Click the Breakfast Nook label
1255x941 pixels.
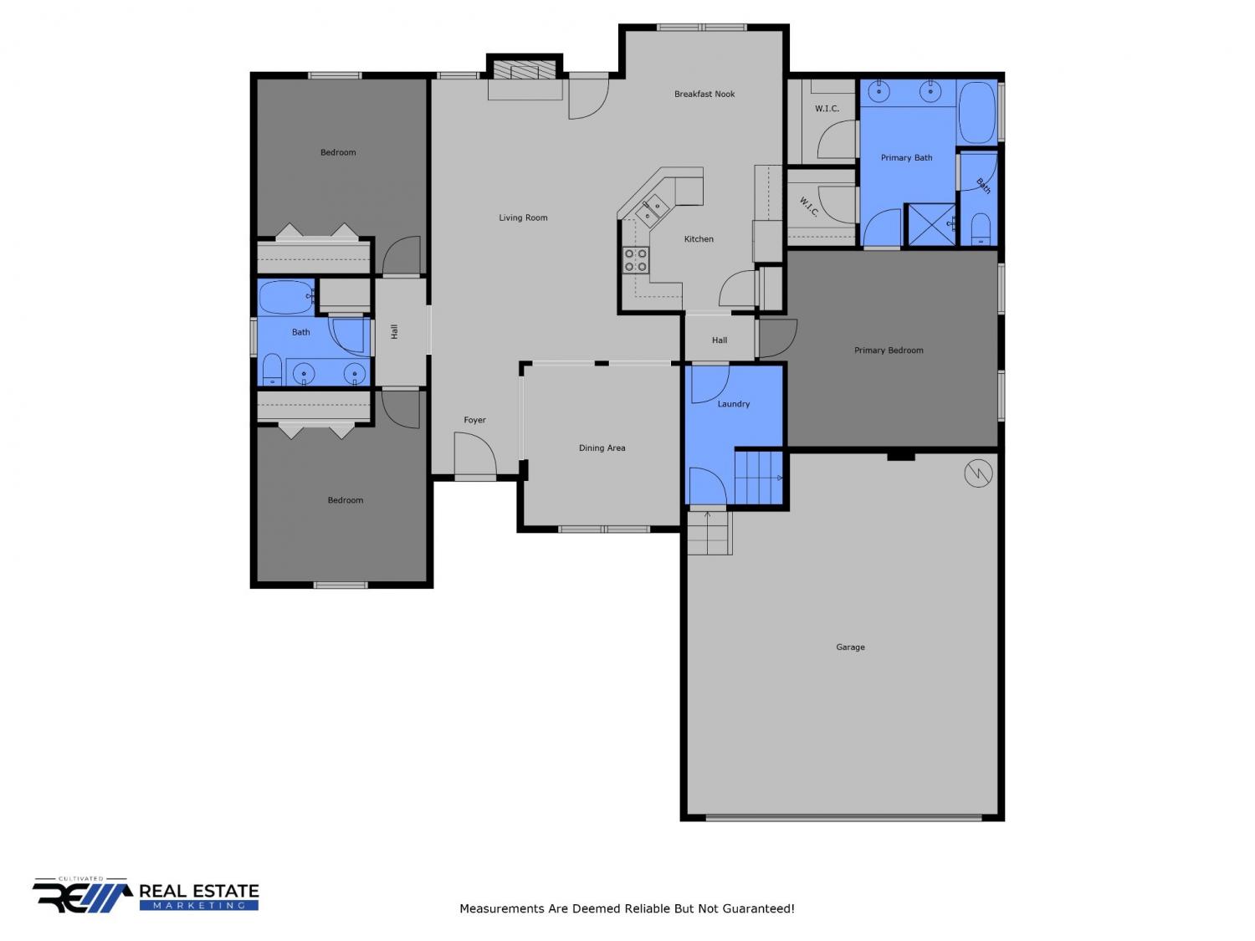pos(704,94)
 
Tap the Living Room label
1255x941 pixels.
pos(523,217)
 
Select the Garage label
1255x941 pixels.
pos(849,647)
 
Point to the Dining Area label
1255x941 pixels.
pos(602,447)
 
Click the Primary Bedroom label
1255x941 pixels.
pos(888,350)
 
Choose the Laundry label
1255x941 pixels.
pos(733,403)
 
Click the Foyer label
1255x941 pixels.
pos(474,419)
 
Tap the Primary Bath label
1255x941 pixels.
pos(905,157)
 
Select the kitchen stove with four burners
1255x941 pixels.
pos(635,260)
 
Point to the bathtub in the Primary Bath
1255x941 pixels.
pos(976,112)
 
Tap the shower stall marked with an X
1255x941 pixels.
pos(931,224)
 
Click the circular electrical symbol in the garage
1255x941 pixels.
pos(978,473)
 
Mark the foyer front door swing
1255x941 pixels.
pos(475,453)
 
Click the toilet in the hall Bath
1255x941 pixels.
pos(272,370)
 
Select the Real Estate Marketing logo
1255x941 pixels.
pos(146,894)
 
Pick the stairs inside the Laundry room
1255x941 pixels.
pos(758,478)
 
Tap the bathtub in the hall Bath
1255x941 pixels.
pos(286,297)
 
